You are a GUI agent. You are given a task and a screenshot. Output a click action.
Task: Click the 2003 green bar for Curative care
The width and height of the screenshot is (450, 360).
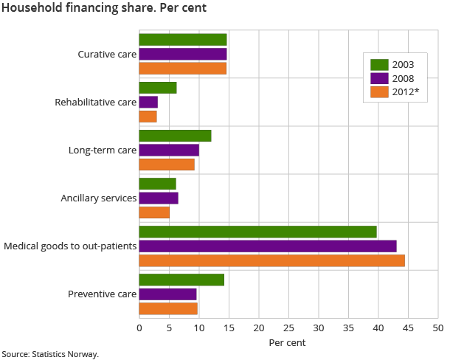(183, 40)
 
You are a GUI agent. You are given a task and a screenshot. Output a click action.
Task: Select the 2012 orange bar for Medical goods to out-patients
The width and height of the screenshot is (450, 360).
(271, 260)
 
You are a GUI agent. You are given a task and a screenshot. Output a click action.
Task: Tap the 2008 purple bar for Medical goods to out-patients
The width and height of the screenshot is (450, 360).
(268, 246)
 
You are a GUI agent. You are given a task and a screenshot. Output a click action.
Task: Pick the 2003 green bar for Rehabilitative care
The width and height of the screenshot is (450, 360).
(158, 88)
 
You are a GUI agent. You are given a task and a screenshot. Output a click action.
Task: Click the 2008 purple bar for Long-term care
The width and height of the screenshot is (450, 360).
(169, 150)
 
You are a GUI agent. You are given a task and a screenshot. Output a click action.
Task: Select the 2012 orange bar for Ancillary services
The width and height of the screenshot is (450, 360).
(154, 212)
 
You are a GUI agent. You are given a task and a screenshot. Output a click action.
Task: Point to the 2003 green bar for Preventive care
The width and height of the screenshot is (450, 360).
(181, 280)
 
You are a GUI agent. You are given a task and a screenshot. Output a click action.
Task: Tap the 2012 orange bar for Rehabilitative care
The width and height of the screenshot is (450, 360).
(148, 117)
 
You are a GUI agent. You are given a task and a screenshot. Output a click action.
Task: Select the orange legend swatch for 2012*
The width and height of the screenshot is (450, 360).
(379, 92)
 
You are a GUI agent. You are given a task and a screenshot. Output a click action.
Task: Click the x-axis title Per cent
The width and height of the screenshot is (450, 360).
(287, 342)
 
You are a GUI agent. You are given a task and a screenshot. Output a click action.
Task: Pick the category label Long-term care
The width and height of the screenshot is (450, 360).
(103, 150)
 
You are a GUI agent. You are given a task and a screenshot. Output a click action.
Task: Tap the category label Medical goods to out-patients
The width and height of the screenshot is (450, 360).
(71, 246)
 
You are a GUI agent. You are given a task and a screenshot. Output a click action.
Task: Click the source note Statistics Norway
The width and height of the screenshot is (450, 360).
(49, 354)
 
